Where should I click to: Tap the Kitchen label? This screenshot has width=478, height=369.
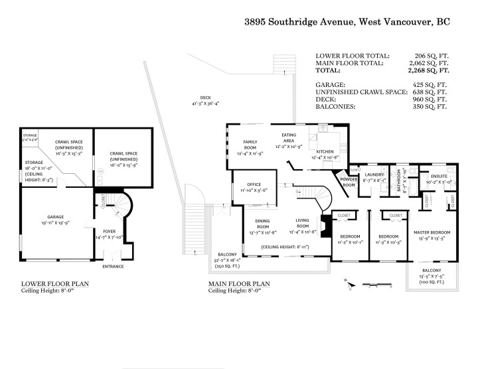[325, 152]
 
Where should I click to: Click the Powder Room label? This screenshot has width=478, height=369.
[349, 182]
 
